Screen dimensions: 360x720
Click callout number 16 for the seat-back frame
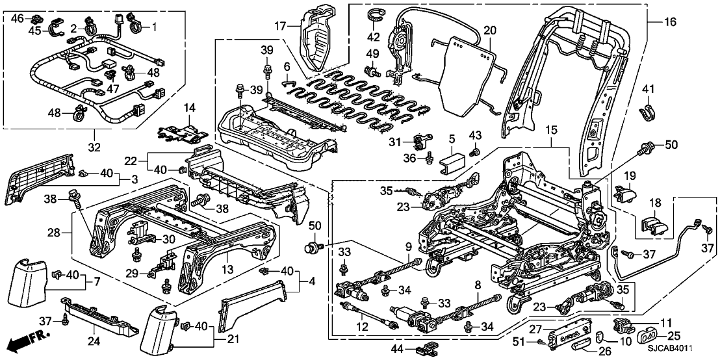point(671,22)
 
